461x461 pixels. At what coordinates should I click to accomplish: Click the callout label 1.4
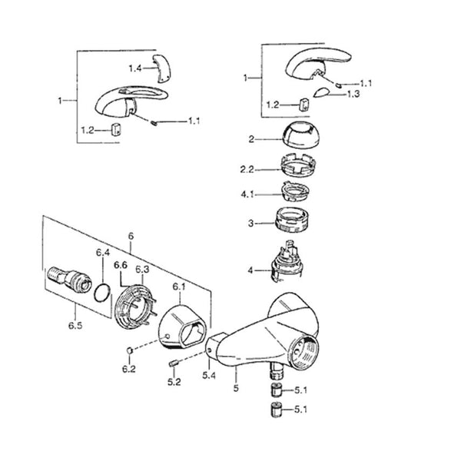pyautogui.click(x=135, y=69)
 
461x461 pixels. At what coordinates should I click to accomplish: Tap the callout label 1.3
pyautogui.click(x=353, y=94)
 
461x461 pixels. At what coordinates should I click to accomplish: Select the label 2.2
pyautogui.click(x=247, y=170)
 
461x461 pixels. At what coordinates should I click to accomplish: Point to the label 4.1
pyautogui.click(x=247, y=194)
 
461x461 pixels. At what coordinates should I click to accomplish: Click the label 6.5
pyautogui.click(x=75, y=326)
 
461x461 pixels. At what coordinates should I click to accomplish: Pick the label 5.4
pyautogui.click(x=209, y=376)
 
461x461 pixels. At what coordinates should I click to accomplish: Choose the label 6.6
pyautogui.click(x=121, y=265)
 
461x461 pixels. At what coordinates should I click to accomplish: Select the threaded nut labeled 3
pyautogui.click(x=293, y=220)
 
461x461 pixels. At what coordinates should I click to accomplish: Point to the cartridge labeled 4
pyautogui.click(x=287, y=261)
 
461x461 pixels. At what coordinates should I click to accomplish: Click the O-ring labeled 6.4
pyautogui.click(x=103, y=293)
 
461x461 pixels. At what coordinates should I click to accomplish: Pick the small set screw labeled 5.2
pyautogui.click(x=173, y=363)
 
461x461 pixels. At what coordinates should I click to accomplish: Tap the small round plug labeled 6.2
pyautogui.click(x=130, y=350)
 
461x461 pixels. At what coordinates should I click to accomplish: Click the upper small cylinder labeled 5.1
pyautogui.click(x=276, y=390)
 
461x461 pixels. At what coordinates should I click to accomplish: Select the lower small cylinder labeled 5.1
pyautogui.click(x=276, y=410)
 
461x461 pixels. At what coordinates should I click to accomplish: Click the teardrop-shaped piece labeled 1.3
pyautogui.click(x=320, y=92)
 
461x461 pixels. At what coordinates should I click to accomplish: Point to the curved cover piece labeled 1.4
pyautogui.click(x=161, y=68)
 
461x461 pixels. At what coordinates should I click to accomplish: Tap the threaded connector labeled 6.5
pyautogui.click(x=69, y=280)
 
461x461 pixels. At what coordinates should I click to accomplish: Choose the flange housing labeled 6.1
pyautogui.click(x=182, y=327)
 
